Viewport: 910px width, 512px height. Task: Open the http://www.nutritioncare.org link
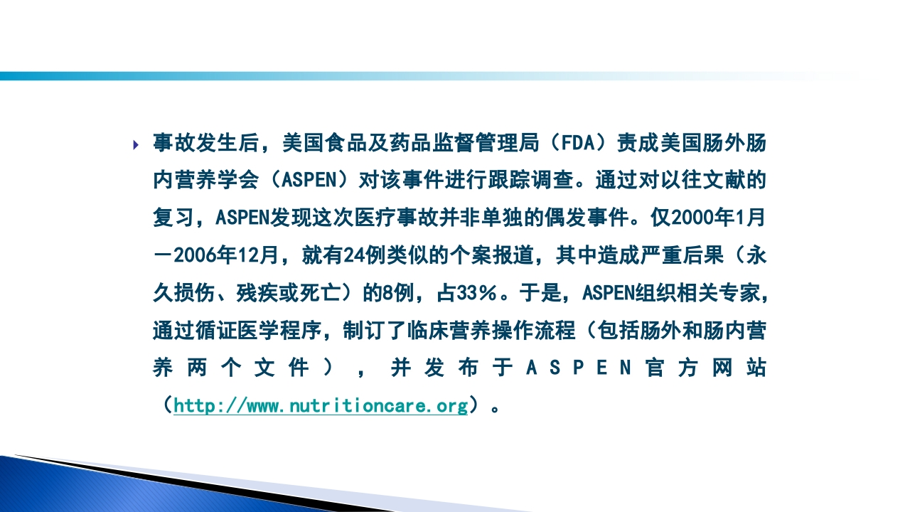pos(321,406)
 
